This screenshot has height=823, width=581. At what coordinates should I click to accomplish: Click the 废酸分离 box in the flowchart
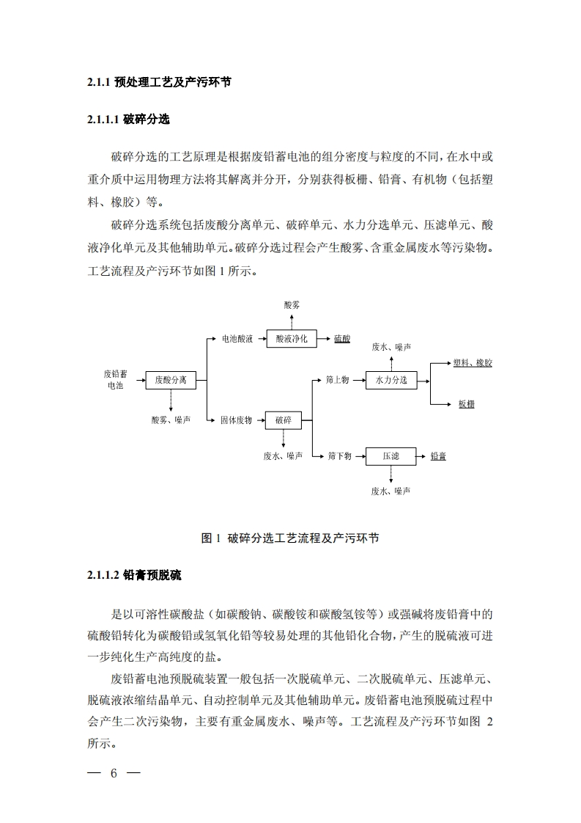tap(171, 380)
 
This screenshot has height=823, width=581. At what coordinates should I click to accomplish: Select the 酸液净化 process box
tap(291, 339)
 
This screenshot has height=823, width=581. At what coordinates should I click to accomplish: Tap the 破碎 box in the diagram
tap(284, 420)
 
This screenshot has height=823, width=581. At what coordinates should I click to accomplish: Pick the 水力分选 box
tap(391, 380)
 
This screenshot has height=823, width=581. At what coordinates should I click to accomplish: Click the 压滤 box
tap(391, 456)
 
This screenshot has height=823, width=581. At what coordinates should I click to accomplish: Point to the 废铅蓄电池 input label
tap(116, 379)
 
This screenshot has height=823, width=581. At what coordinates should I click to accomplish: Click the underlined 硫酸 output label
tap(342, 339)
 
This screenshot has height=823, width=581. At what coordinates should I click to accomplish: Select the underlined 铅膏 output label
tap(438, 456)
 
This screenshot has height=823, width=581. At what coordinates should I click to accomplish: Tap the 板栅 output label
tap(467, 404)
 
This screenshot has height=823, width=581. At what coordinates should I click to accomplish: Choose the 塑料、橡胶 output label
tap(473, 363)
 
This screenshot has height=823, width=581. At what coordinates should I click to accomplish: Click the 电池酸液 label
tap(237, 339)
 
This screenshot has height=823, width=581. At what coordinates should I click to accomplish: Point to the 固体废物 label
tap(236, 420)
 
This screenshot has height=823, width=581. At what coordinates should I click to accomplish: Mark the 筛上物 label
tap(337, 380)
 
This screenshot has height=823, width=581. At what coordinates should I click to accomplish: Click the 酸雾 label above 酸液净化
tap(292, 304)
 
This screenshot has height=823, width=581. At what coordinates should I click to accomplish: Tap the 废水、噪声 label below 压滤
tap(391, 491)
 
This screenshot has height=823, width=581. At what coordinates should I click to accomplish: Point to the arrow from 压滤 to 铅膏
tap(423, 456)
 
